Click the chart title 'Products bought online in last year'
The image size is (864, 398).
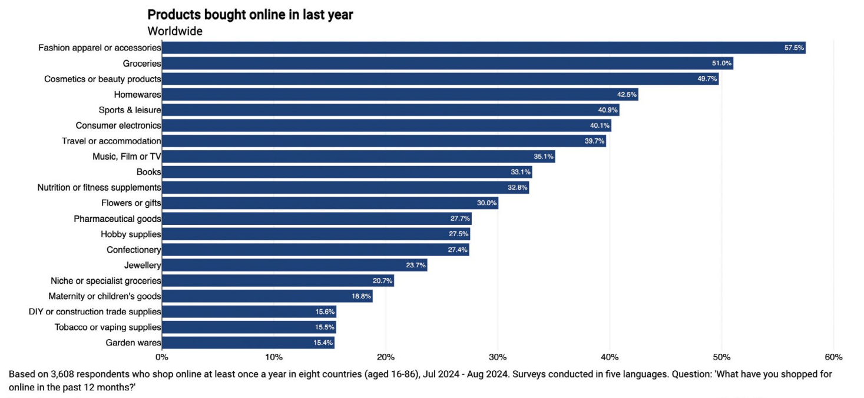click(x=250, y=15)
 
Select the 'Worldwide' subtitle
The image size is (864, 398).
click(x=175, y=31)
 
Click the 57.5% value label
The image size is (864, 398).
click(x=794, y=48)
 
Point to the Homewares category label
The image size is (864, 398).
click(x=137, y=95)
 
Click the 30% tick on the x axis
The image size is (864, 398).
click(x=498, y=357)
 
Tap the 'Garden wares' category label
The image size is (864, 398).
click(x=133, y=343)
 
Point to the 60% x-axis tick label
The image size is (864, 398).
click(x=833, y=357)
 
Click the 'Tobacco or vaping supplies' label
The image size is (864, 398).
click(x=108, y=327)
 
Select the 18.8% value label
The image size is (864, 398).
click(x=361, y=296)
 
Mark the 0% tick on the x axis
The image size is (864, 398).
click(x=161, y=357)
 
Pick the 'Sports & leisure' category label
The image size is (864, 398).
click(x=130, y=110)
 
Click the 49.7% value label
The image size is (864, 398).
click(x=707, y=79)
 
